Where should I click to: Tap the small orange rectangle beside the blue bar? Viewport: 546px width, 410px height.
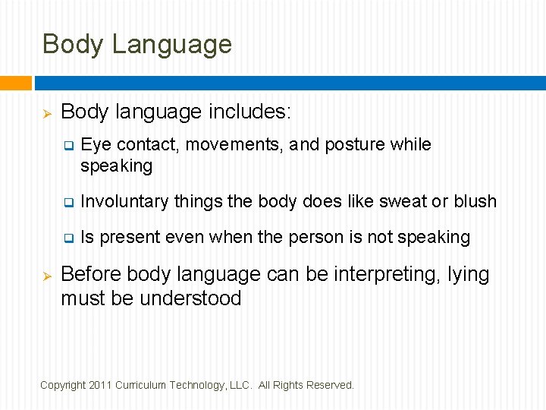click(15, 83)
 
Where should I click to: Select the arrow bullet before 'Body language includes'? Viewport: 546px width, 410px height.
click(45, 113)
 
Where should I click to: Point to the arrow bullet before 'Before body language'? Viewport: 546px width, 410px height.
click(45, 275)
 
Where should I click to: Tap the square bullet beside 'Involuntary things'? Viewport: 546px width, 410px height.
click(67, 203)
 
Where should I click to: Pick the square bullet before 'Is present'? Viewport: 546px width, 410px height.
click(67, 238)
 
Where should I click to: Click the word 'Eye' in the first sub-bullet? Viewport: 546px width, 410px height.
click(96, 145)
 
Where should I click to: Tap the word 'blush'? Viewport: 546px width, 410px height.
click(475, 202)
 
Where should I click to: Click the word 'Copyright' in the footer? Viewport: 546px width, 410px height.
click(63, 385)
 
